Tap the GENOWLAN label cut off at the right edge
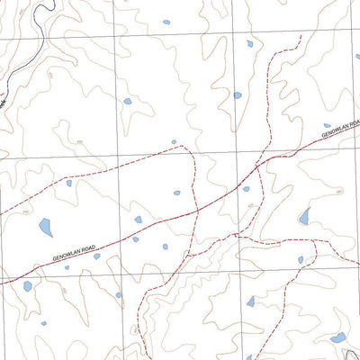point(341,134)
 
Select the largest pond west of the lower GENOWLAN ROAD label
point(45,228)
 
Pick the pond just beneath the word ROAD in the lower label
point(97,256)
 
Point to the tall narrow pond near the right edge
point(305,216)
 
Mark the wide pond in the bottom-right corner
point(337,338)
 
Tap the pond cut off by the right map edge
point(356,56)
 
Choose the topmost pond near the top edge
point(166,22)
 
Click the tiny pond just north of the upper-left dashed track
point(174,141)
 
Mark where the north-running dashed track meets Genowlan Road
point(257,166)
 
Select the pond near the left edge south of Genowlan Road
point(28,287)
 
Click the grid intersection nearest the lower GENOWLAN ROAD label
point(117,265)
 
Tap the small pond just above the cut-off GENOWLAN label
point(327,126)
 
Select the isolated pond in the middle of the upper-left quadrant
point(126,102)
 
